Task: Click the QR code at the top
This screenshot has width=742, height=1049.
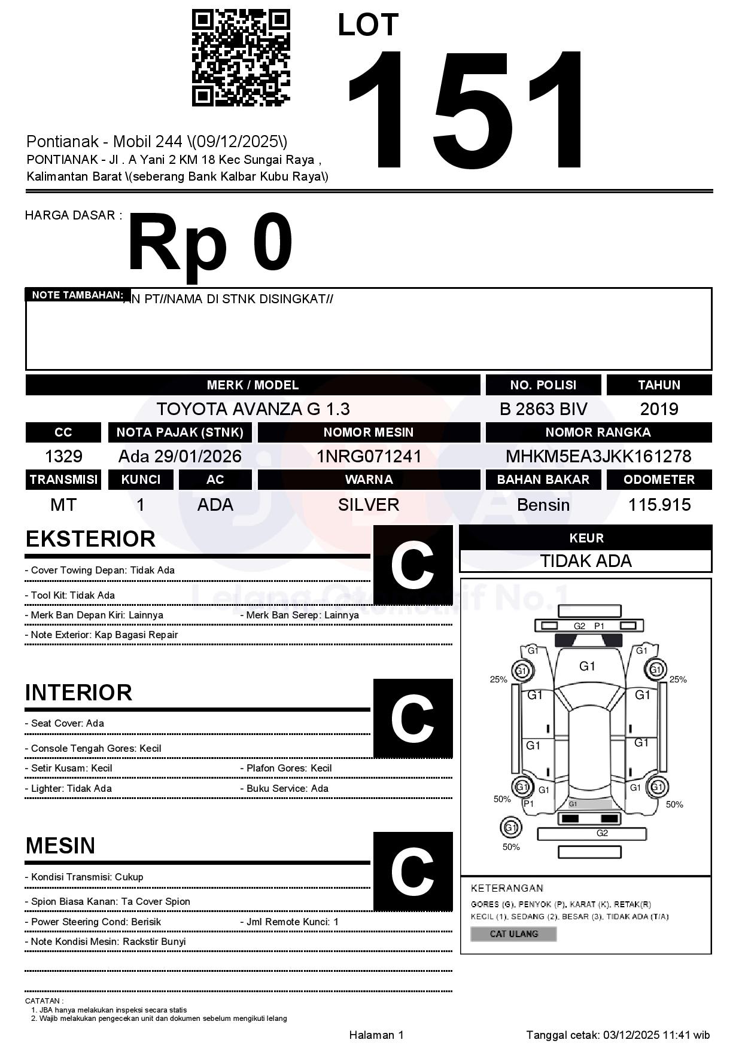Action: tap(241, 57)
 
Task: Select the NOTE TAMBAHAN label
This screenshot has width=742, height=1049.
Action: tap(77, 295)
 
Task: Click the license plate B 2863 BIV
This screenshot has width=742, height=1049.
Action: tap(543, 409)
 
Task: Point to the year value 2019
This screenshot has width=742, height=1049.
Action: tap(659, 409)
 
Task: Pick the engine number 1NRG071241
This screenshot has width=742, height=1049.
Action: tap(369, 456)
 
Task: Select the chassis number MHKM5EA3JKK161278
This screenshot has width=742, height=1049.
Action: tap(598, 456)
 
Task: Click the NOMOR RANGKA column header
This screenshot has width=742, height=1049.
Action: tap(598, 432)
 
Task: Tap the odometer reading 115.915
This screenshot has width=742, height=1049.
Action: tap(659, 505)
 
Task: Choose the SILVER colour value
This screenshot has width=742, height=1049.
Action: tap(369, 505)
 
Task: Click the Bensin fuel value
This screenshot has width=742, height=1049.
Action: tap(543, 505)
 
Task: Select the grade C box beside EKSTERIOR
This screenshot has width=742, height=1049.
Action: tap(412, 565)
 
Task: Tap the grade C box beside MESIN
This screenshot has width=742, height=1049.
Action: tap(412, 871)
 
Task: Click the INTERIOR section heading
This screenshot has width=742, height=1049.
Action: tap(78, 693)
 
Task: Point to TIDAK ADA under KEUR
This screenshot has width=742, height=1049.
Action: tap(586, 561)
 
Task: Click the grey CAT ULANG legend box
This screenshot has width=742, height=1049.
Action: tap(513, 934)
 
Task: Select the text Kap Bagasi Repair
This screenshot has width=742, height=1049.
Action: tap(136, 635)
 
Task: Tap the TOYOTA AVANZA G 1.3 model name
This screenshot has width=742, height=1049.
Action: tap(253, 409)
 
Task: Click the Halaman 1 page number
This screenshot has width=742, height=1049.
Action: tap(376, 1035)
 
